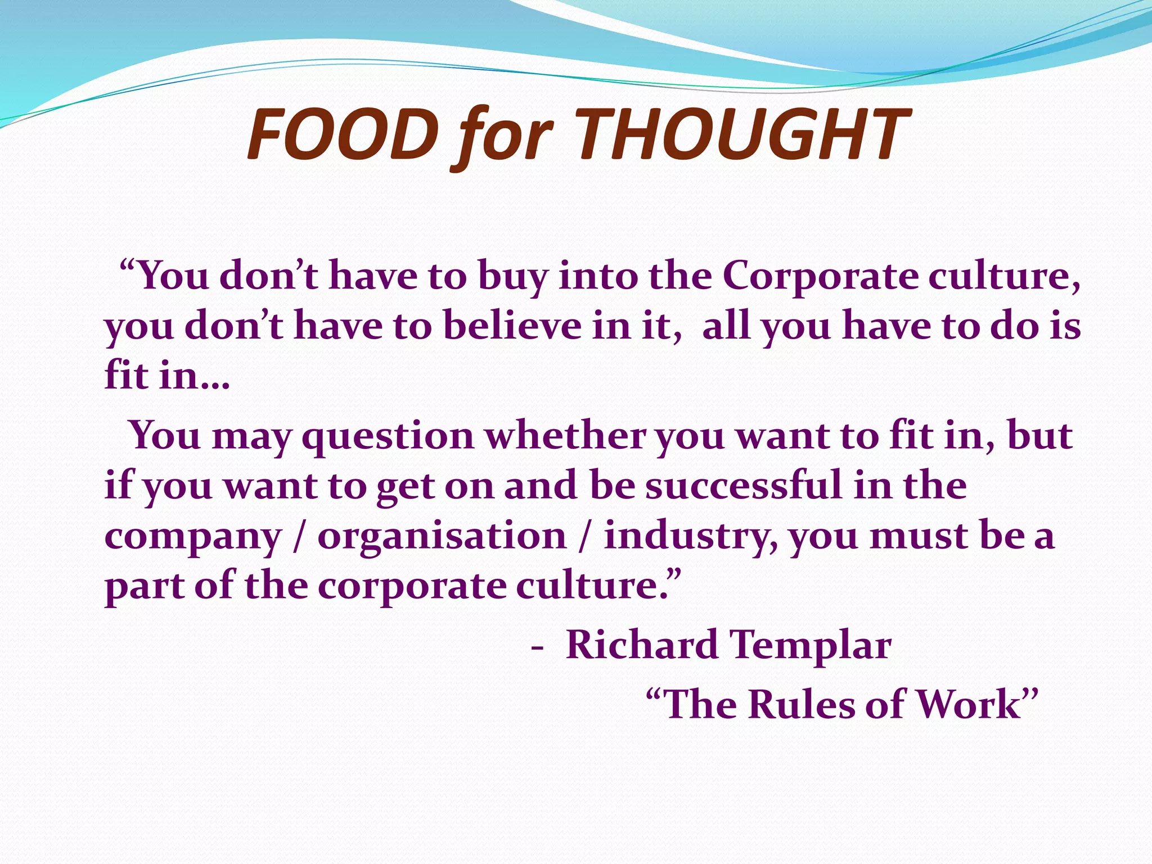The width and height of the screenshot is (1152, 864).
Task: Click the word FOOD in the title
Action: [x=343, y=135]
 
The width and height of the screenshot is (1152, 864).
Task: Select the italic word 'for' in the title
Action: [x=502, y=138]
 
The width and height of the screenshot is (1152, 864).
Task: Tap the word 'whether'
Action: [x=566, y=436]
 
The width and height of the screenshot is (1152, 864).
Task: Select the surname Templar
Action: [x=810, y=646]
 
